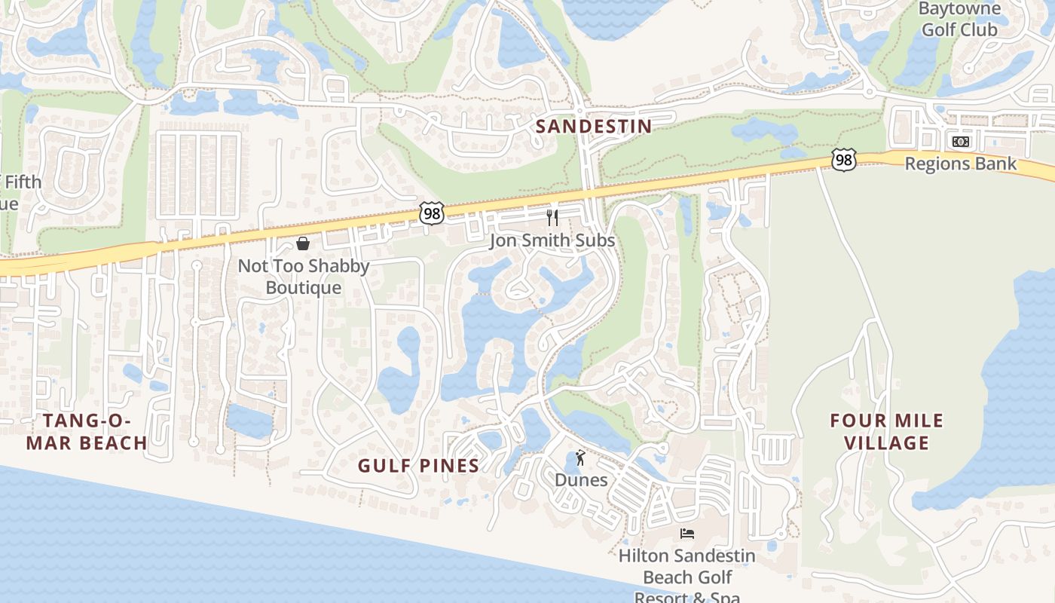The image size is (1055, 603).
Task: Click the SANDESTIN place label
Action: coord(593,126)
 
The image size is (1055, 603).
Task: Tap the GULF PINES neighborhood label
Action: coord(418,466)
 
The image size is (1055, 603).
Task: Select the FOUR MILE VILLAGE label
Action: coord(886,431)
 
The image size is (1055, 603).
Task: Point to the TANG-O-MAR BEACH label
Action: coord(87,431)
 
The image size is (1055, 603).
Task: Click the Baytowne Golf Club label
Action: coord(959,20)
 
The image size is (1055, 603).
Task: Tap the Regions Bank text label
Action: coord(960,164)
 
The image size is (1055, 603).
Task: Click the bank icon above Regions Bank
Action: coord(960,142)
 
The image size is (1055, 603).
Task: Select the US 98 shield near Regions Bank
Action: coord(844,159)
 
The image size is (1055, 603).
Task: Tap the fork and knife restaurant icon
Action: coord(552,218)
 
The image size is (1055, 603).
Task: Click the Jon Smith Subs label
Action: coord(552,240)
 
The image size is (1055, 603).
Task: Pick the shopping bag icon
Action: coord(303,243)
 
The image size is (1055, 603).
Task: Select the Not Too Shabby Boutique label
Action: coord(304,277)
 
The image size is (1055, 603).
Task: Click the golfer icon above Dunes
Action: coord(580,457)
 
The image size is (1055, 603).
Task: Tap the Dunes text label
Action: coord(580,479)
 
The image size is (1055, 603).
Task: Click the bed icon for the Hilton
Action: coord(687,534)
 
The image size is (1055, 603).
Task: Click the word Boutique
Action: coord(304,288)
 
